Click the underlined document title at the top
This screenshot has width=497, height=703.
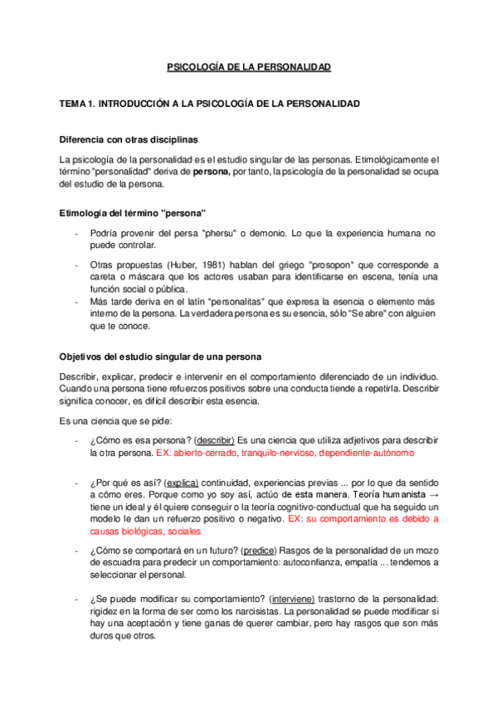[x=249, y=66]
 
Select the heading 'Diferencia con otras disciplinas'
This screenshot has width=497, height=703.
[x=129, y=138]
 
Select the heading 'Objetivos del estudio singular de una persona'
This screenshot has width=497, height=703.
[x=160, y=356]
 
